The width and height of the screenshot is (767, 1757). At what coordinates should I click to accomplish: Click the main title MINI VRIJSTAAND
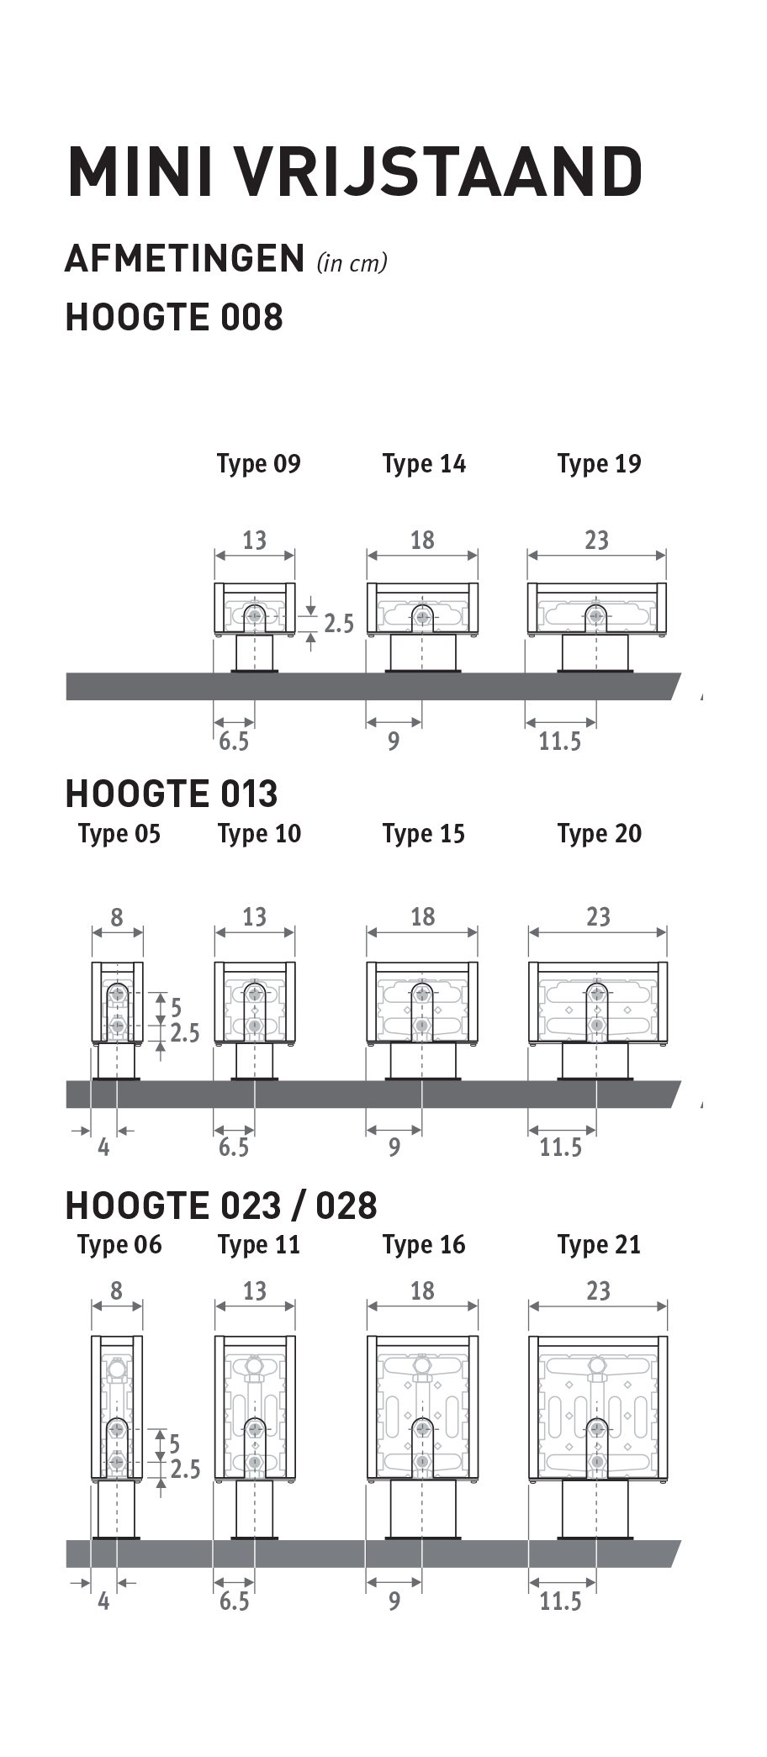pos(355,171)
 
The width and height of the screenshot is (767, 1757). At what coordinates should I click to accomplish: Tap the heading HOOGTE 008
pos(174,318)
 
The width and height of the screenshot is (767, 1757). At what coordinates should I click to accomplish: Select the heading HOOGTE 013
pos(172,794)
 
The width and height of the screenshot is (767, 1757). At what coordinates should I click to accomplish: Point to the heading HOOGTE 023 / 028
pos(221,1206)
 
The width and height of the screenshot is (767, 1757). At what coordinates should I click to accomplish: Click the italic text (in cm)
pos(352,263)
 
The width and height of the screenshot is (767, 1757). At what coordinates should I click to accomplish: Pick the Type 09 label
pos(259,464)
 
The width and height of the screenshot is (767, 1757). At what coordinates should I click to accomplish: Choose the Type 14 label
pos(424,464)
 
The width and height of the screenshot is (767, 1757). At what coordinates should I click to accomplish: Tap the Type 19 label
pos(599,464)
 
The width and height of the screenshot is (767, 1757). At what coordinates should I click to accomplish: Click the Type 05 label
pos(119,834)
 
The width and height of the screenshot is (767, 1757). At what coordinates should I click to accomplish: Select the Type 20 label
pos(599,834)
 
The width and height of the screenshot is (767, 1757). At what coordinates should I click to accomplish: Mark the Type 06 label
pos(119,1245)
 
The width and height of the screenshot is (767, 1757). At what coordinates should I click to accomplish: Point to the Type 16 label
pos(424,1245)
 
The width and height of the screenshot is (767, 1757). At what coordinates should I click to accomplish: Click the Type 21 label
pos(599,1245)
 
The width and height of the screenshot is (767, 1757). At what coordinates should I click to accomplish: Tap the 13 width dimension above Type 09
pos(254,540)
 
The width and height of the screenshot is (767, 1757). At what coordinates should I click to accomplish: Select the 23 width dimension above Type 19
pos(596,540)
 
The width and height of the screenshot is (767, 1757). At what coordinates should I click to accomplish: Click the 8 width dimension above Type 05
pos(116,916)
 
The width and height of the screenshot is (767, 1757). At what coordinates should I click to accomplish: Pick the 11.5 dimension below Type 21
pos(560,1601)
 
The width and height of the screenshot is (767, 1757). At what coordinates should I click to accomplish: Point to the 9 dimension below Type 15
pos(394,1147)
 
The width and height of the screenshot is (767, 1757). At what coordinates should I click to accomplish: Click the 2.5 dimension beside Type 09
pos(339,624)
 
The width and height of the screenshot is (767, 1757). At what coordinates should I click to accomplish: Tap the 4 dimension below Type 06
pos(103,1601)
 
